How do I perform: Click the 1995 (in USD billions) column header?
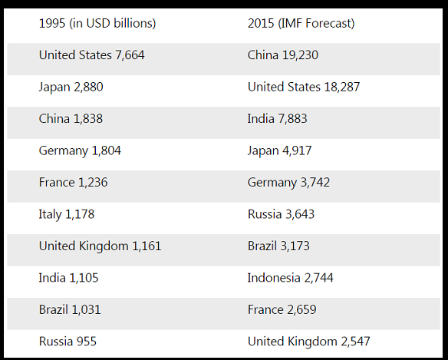click(97, 24)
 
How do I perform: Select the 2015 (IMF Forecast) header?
click(301, 24)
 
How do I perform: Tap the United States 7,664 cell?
click(92, 55)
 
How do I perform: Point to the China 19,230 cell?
click(283, 55)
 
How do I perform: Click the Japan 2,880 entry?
click(71, 87)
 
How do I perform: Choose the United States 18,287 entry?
click(304, 87)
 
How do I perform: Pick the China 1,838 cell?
click(71, 119)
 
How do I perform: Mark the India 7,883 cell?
click(277, 119)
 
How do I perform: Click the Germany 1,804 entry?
click(80, 150)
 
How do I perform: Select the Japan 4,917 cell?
click(279, 150)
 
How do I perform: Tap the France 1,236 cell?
click(73, 183)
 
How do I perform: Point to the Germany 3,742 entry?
click(288, 183)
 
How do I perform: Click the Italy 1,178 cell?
click(67, 214)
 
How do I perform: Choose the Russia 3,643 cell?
click(281, 214)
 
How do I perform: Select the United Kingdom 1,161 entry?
click(100, 246)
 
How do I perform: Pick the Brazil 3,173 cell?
click(278, 246)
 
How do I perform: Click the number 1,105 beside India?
click(84, 278)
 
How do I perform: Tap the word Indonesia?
click(274, 278)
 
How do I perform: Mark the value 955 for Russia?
click(86, 342)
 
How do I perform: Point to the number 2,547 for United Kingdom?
click(355, 342)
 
